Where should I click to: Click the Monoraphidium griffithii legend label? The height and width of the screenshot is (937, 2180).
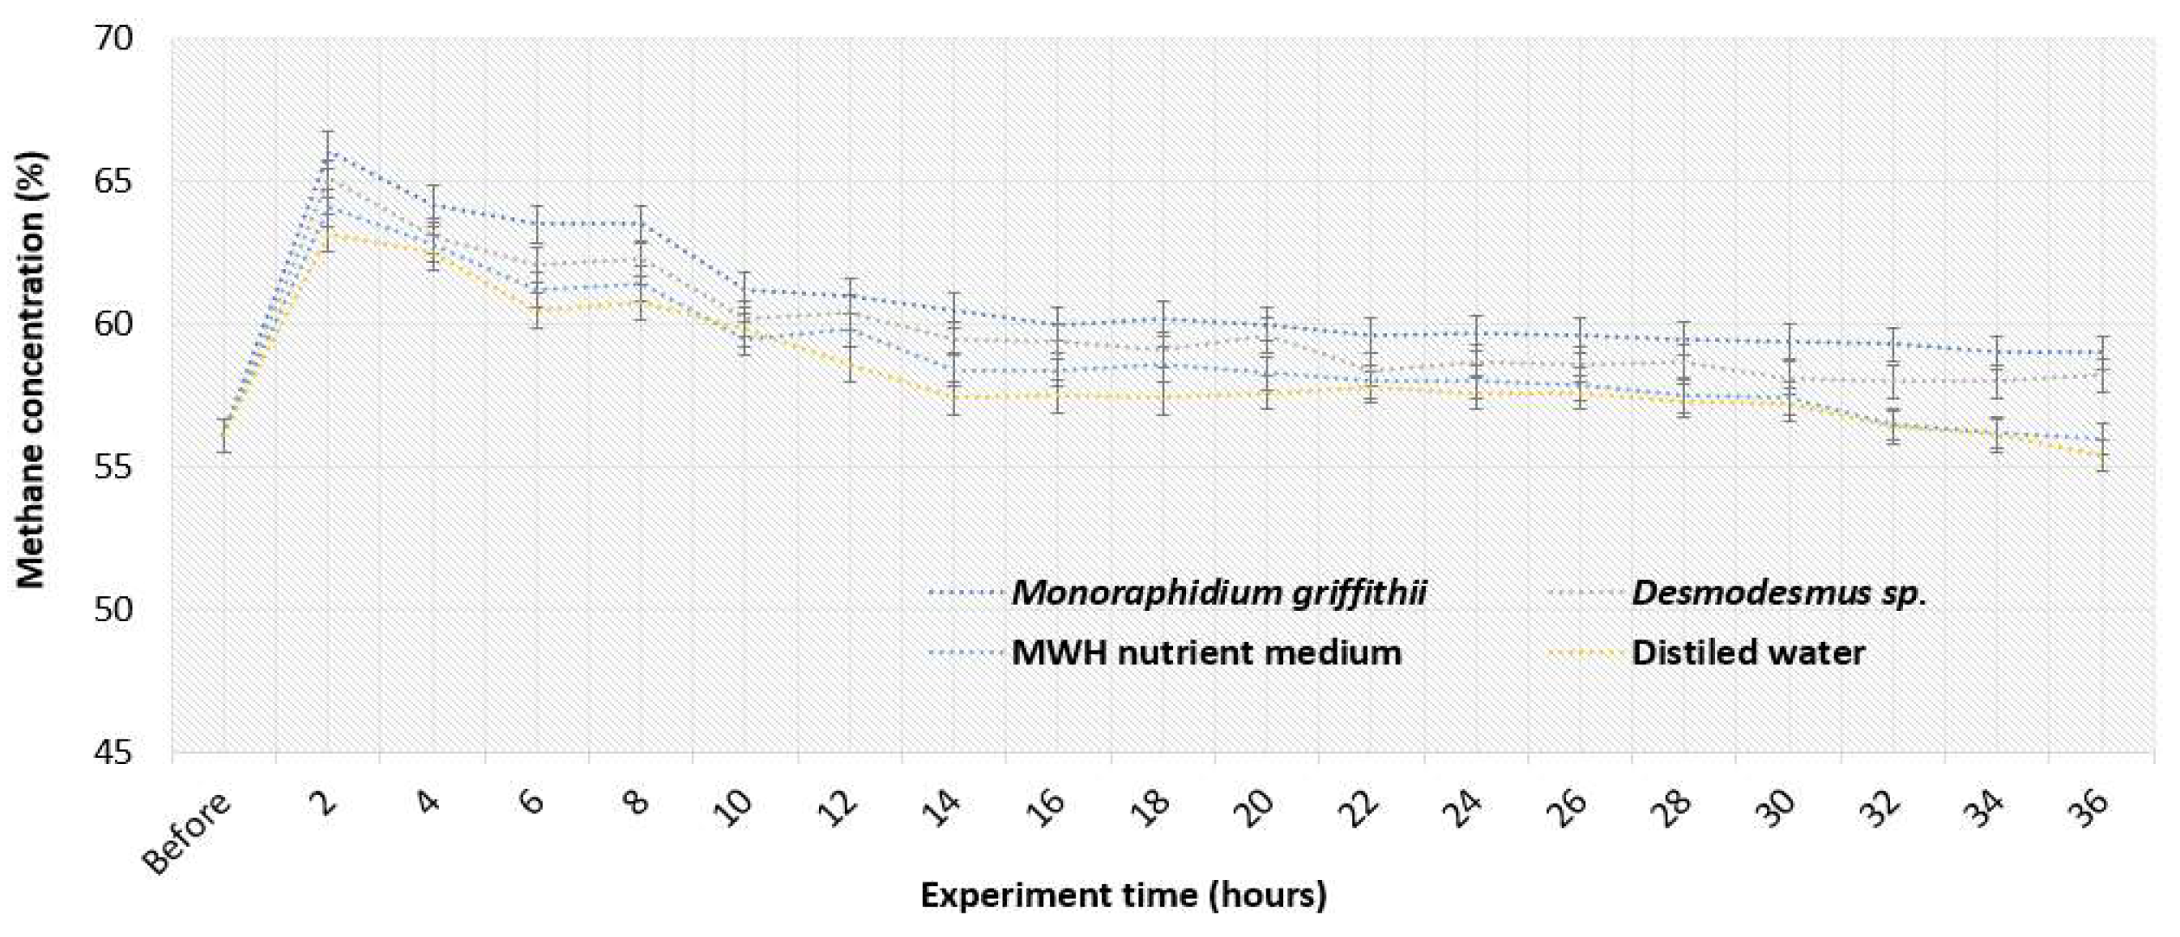[x=1218, y=594]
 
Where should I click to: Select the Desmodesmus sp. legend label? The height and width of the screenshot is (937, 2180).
[x=1779, y=594]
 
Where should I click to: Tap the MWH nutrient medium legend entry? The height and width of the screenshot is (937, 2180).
[x=1206, y=652]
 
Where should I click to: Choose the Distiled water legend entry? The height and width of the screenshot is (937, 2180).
[x=1748, y=652]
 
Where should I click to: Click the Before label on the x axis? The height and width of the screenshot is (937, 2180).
[x=189, y=833]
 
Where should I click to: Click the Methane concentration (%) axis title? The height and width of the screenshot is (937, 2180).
[x=31, y=370]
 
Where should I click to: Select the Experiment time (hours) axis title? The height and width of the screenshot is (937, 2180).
[x=1123, y=895]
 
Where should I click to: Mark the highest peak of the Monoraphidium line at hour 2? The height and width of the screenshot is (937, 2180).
[x=328, y=151]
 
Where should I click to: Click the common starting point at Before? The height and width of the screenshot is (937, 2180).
[x=224, y=435]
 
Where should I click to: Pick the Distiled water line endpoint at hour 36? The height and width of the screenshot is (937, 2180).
[x=2102, y=454]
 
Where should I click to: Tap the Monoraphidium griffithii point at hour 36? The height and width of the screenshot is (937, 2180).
[x=2102, y=352]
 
